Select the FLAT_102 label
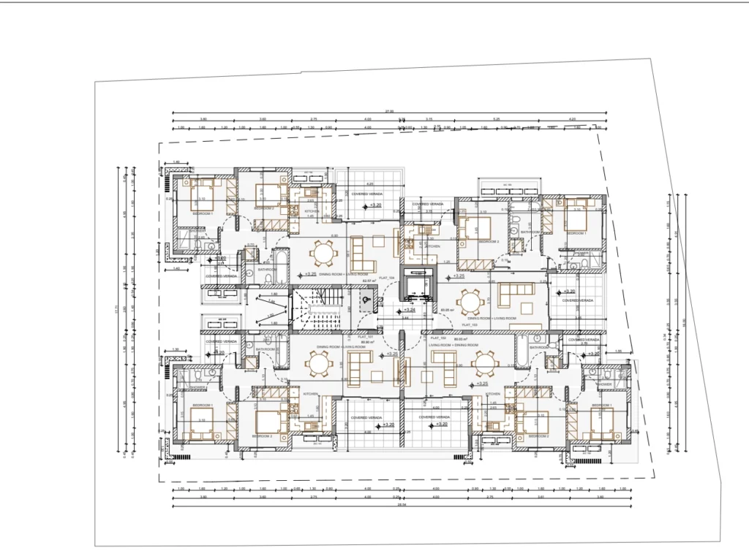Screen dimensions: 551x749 click(x=438, y=338)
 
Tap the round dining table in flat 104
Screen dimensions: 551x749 click(x=321, y=254)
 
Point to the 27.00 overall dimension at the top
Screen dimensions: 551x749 click(x=390, y=111)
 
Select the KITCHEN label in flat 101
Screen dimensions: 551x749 click(x=310, y=394)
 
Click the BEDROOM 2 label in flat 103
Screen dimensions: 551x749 click(x=488, y=241)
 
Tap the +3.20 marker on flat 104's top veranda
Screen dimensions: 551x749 click(x=374, y=205)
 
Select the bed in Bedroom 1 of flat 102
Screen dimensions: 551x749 click(x=602, y=423)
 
